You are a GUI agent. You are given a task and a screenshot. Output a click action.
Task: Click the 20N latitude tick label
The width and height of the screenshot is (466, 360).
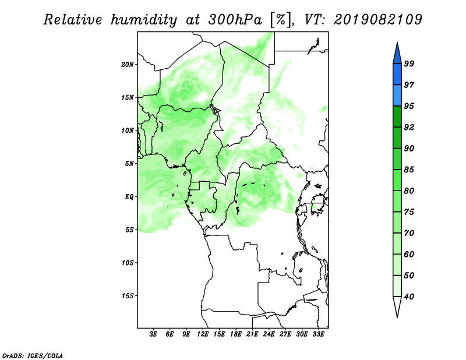pos(128,65)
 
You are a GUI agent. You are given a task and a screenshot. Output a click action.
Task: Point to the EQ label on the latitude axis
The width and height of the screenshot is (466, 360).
pos(129,197)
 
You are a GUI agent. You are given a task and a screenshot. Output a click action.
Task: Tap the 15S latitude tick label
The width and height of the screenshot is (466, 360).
pos(128,296)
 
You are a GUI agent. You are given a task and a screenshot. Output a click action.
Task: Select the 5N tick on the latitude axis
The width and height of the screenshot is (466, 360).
pos(129,164)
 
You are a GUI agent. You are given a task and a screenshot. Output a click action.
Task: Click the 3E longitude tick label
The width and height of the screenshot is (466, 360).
pos(153,334)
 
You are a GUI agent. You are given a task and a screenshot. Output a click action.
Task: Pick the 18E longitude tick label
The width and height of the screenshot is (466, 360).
pos(236,334)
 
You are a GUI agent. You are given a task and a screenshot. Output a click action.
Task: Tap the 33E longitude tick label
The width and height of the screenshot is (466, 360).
pos(318,334)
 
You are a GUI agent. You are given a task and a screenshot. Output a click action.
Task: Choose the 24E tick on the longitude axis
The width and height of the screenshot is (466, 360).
pos(269,334)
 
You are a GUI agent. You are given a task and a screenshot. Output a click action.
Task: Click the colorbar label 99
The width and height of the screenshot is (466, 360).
pos(409,63)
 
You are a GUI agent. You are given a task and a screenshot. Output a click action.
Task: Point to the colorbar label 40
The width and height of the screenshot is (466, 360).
pos(409,297)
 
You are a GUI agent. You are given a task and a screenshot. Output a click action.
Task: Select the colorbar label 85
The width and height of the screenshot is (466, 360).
pos(409,170)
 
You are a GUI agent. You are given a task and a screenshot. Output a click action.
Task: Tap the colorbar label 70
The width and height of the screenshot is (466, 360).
pos(409,233)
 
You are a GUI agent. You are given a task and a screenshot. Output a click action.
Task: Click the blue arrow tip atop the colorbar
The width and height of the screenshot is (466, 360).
pos(397,43)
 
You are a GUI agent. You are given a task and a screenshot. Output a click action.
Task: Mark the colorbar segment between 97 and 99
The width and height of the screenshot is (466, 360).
pos(397,75)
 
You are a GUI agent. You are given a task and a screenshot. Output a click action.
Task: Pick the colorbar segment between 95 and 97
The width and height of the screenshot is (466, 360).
pos(397,96)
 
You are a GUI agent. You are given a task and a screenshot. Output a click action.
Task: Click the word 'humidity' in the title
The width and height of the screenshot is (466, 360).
pos(144,20)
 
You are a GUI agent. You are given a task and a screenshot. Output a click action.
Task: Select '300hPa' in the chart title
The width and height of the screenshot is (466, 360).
pos(235,20)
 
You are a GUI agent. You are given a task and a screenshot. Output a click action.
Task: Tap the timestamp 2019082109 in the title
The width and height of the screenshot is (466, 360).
pos(377,19)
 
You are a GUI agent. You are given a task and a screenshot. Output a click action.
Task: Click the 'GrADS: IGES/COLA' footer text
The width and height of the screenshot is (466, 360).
pos(33,355)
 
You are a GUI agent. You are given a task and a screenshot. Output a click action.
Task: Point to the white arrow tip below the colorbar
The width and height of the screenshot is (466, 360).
pos(397,317)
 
